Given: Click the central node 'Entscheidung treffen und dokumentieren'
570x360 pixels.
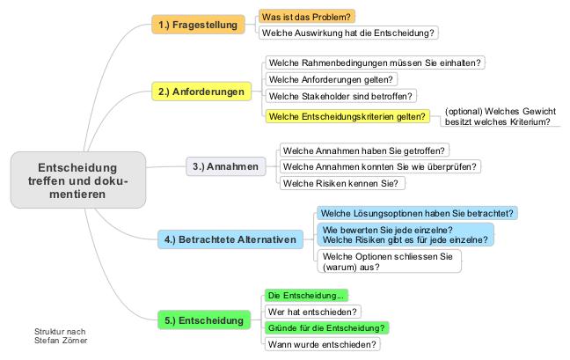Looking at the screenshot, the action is click(x=78, y=180).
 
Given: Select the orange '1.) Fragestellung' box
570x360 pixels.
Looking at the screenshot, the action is click(x=198, y=25).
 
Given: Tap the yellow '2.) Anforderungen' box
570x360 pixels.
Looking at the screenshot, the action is click(x=201, y=92).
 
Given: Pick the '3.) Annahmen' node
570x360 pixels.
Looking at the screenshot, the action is click(x=226, y=166).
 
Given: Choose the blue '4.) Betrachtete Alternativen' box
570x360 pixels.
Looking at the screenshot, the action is click(x=230, y=239).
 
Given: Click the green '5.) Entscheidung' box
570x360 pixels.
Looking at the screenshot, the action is click(x=204, y=320).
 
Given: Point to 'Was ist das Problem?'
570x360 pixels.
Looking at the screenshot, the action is click(x=306, y=17).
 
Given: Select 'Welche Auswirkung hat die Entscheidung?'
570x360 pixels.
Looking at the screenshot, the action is click(x=348, y=33).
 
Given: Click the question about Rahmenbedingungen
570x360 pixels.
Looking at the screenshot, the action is click(x=375, y=62).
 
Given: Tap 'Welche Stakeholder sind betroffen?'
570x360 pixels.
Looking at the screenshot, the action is click(x=341, y=96).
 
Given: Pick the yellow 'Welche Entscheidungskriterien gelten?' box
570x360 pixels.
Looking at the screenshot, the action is click(x=347, y=116).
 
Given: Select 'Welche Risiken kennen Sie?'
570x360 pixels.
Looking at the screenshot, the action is click(x=342, y=183).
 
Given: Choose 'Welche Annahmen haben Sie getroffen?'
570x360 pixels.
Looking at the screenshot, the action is click(x=364, y=151).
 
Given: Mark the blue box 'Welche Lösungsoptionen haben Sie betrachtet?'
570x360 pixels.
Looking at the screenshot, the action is click(x=417, y=213).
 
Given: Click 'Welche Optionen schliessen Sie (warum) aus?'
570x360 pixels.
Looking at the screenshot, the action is click(x=389, y=261).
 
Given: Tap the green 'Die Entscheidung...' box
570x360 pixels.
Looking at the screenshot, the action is click(x=306, y=295).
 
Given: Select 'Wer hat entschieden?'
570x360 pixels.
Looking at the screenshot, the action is click(x=312, y=312).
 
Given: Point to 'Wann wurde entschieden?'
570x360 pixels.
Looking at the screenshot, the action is click(x=323, y=344).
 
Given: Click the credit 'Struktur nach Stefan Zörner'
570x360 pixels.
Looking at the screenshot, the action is click(x=61, y=336).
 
